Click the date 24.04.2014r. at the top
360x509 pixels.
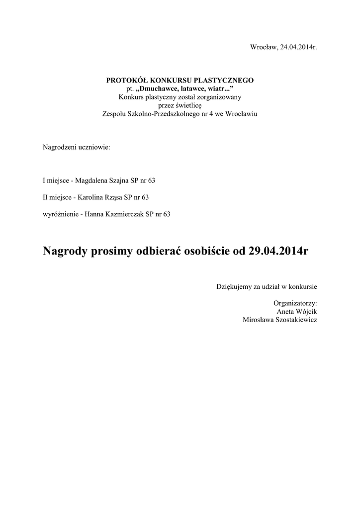[298, 47]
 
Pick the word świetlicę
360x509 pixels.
[186, 105]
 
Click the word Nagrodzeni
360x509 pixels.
[59, 148]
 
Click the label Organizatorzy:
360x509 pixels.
[295, 303]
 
